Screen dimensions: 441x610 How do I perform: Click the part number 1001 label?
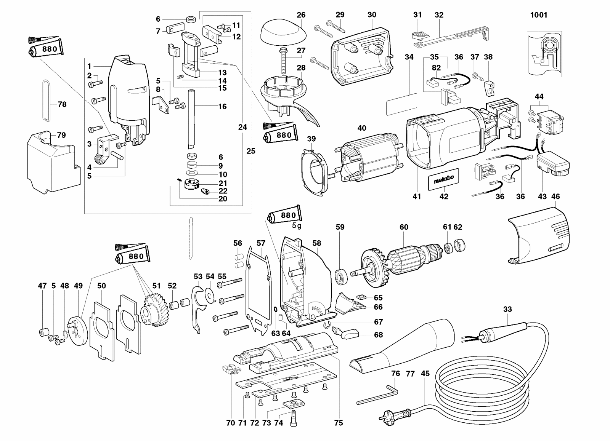tap(539, 15)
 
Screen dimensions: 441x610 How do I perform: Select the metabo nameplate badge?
tap(444, 179)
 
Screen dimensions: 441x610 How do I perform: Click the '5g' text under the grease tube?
tap(297, 226)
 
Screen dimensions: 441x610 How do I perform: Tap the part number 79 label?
tap(61, 135)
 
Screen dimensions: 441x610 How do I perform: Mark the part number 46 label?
tap(555, 197)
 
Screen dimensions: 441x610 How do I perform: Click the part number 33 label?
tap(507, 309)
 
